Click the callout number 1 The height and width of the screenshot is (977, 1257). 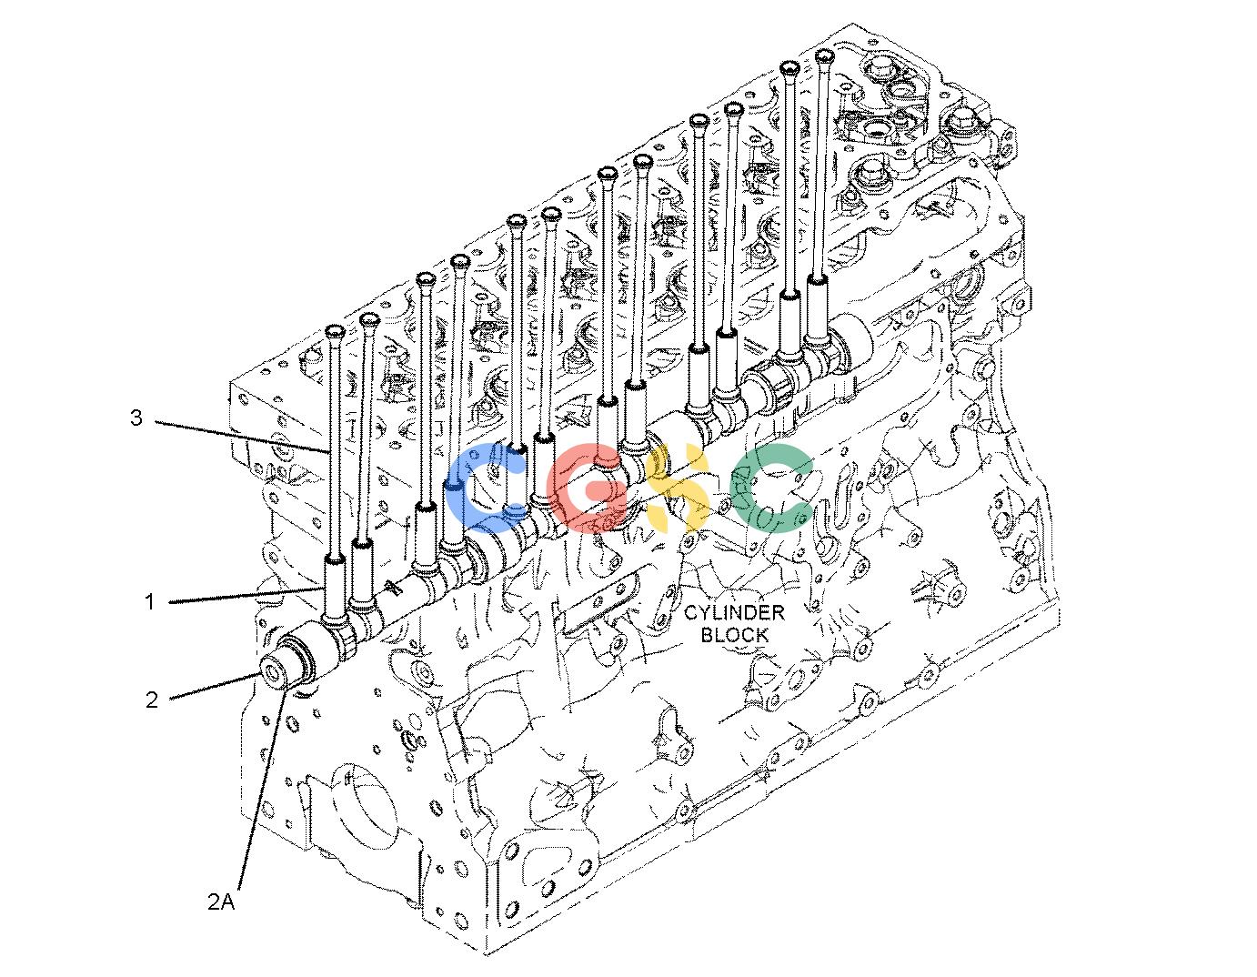150,602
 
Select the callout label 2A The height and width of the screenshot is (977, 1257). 221,901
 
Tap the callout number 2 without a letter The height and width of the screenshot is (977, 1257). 152,700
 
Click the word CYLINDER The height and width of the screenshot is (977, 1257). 735,612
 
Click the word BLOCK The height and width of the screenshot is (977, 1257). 735,635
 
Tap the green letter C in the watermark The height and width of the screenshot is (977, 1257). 770,487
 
